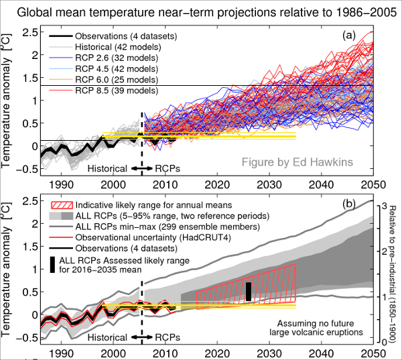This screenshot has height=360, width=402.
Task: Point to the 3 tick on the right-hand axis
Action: pos(384,206)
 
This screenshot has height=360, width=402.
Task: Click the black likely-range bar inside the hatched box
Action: pos(248,292)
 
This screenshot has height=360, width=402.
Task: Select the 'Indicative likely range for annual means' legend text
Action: pos(153,204)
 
